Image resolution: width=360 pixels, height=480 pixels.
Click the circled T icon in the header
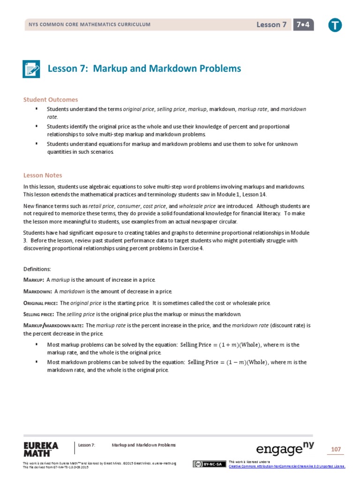(x=335, y=26)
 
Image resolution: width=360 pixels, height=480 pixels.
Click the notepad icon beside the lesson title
(x=32, y=69)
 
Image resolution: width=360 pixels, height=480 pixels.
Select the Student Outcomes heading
(x=51, y=99)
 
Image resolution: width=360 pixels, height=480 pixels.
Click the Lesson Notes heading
(x=43, y=175)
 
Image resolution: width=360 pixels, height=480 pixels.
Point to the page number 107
(x=336, y=450)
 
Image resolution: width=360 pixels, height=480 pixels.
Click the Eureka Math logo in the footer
(x=41, y=449)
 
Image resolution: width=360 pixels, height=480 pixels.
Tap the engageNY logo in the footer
(x=285, y=449)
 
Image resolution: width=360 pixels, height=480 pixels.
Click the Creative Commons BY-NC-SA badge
(x=207, y=464)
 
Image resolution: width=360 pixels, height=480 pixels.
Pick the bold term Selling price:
(x=39, y=314)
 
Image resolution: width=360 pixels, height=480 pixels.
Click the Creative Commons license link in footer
(x=286, y=466)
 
